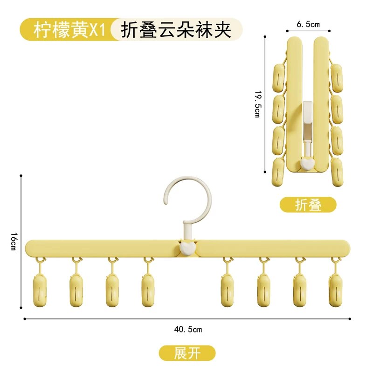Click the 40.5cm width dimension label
pos(188,330)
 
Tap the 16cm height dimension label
pos(14,241)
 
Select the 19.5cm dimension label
pos(258,104)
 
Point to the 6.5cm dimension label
pos(308,24)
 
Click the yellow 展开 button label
pos(187,353)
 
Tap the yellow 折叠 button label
pos(308,205)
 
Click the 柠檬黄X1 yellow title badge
pos(69,30)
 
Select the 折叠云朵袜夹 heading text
pos(176,30)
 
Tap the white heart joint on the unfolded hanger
pos(187,248)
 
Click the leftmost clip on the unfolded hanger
pos(40,290)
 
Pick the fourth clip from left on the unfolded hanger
pos(148,290)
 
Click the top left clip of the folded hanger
pos(279,77)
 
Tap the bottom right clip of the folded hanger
pos(337,172)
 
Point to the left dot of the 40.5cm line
pos(25,319)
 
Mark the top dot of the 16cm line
pos(21,176)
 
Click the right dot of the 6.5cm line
pos(330,31)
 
